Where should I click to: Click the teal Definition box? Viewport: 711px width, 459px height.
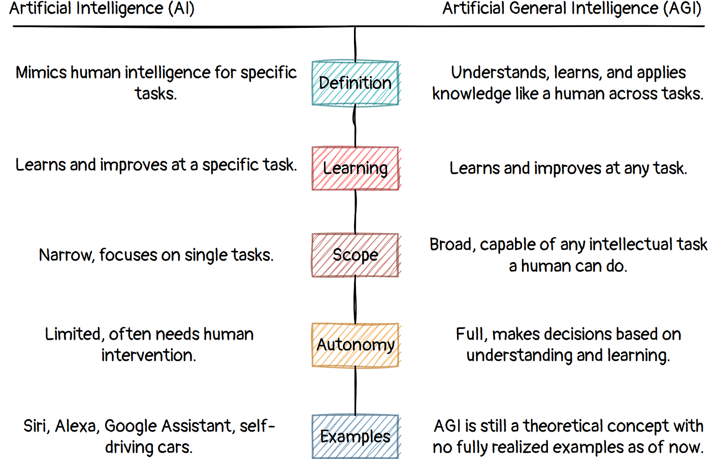(x=355, y=83)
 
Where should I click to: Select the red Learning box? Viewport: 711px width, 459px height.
(x=355, y=169)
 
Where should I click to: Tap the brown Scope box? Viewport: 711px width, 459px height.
(x=355, y=255)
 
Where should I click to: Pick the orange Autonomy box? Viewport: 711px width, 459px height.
(x=355, y=345)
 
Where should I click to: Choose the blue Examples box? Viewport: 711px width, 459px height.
(x=355, y=437)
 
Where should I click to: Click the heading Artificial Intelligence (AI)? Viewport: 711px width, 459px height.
(x=102, y=9)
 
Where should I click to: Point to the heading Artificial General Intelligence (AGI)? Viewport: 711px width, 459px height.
(x=572, y=9)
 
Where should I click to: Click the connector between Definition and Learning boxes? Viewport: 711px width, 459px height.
(x=354, y=126)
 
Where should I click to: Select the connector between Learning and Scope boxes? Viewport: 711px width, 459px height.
(x=355, y=211)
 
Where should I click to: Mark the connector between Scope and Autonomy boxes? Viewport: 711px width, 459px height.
(x=355, y=300)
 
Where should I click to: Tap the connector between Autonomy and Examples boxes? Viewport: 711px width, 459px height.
(x=355, y=390)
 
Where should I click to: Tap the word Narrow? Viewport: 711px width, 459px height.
(x=66, y=255)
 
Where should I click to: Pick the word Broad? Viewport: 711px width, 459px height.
(x=452, y=245)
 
